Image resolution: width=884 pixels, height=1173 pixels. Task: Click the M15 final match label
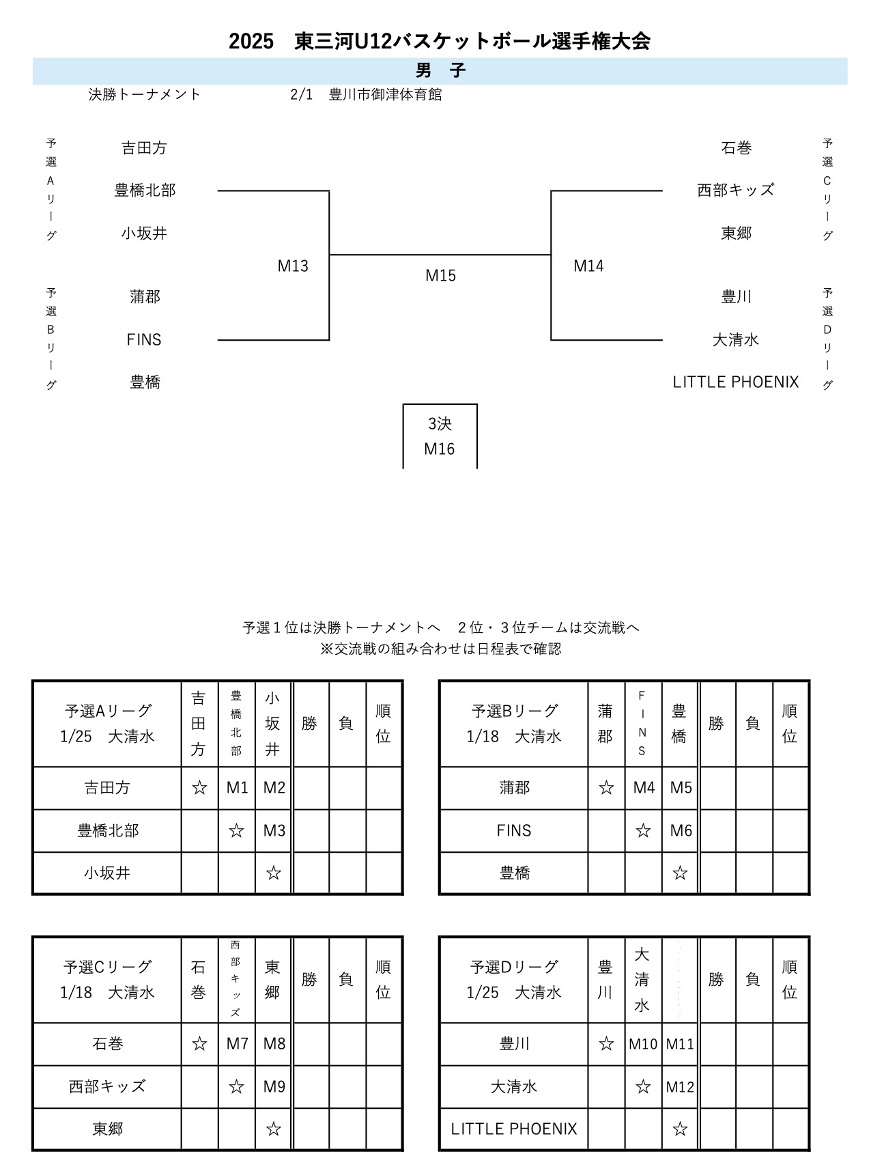coord(440,275)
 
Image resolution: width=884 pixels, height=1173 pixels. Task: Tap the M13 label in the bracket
coord(293,266)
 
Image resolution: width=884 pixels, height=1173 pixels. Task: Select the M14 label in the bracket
coord(588,266)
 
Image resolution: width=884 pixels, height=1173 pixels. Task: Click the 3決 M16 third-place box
coord(440,436)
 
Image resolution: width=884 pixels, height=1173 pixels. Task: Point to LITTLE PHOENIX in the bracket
coord(736,382)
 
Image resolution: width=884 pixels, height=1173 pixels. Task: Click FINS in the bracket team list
coord(144,339)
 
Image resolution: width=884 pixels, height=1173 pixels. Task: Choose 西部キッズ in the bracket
coord(736,190)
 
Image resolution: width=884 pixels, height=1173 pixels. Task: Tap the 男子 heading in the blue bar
coord(440,71)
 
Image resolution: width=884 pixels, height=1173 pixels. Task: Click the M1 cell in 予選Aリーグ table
coord(237,788)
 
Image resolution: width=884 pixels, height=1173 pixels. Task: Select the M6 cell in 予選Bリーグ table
coord(681,830)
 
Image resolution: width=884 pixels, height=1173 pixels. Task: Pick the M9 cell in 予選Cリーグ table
coord(274,1086)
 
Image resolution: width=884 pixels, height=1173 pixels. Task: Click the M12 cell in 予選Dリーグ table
coord(680,1086)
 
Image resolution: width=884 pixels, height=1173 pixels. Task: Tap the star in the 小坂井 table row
coord(274,873)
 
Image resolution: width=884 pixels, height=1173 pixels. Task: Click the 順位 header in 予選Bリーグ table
coord(790,723)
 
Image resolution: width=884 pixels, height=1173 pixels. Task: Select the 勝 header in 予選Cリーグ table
coord(310,979)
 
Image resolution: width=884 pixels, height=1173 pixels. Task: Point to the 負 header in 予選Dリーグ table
coord(753,979)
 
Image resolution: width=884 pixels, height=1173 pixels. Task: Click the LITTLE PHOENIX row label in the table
coord(514,1129)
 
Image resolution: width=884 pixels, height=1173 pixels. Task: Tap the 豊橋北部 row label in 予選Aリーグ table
coord(108,830)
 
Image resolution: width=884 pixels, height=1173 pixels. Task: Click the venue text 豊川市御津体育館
coord(385,94)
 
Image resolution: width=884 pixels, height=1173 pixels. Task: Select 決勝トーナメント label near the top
coord(145,94)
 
